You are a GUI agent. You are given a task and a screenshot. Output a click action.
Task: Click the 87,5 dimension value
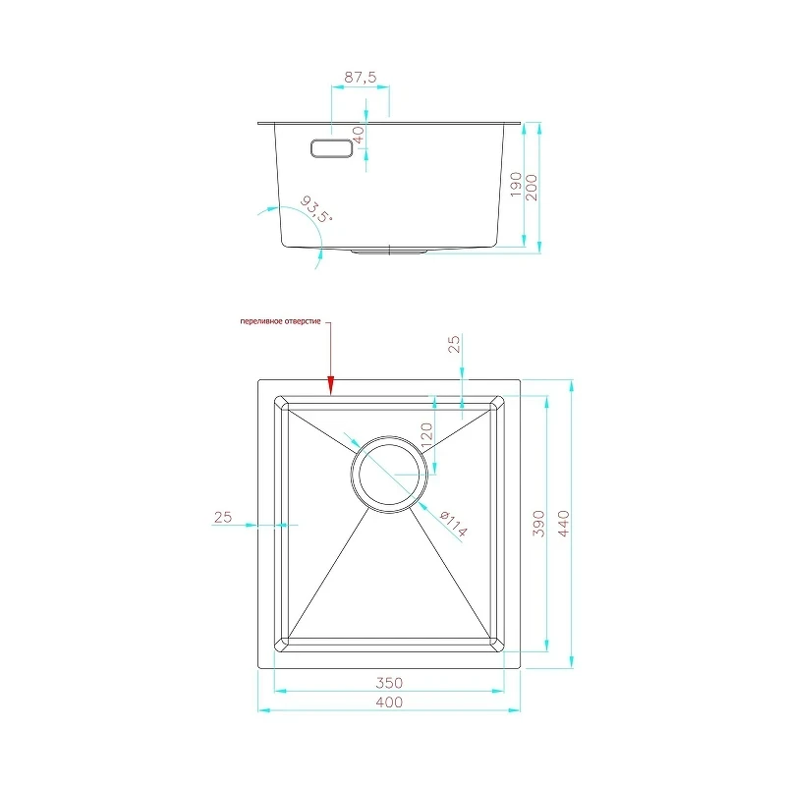(360, 78)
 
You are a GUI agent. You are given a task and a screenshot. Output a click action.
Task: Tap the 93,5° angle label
(316, 209)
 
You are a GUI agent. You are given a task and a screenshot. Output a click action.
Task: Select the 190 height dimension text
(516, 185)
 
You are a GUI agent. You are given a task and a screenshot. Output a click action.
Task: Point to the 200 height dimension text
(532, 188)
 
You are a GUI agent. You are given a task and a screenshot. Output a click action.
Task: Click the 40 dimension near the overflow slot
(359, 135)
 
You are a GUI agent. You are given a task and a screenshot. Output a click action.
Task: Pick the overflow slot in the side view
(332, 148)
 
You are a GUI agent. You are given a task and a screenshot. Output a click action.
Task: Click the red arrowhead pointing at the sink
(330, 385)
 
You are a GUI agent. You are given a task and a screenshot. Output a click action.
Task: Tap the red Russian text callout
(280, 321)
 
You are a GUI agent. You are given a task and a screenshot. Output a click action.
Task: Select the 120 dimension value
(426, 435)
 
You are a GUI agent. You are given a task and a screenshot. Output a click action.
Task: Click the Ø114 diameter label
(453, 524)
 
